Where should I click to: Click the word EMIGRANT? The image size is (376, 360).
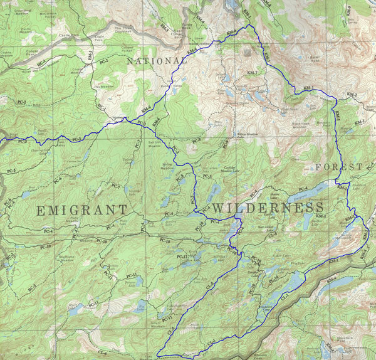click(81, 209)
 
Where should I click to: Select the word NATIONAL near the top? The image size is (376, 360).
click(157, 61)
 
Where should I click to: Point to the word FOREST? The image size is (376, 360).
click(339, 167)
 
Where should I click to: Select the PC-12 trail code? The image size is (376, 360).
click(183, 257)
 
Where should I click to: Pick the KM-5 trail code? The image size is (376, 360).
click(320, 216)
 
